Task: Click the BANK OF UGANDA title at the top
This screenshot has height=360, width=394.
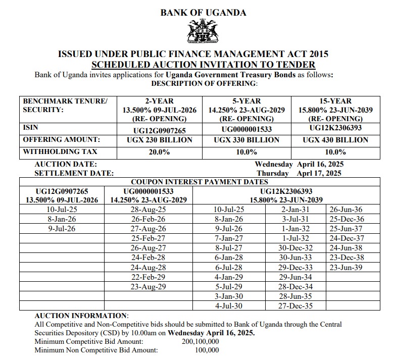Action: point(203,13)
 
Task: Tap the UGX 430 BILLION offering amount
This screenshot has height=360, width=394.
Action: point(335,140)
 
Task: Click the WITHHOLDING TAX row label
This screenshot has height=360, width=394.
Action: point(60,151)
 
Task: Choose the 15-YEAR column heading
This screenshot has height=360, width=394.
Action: point(335,101)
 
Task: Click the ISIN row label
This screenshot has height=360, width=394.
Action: point(31,128)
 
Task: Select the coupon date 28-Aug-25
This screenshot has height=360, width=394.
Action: point(148,209)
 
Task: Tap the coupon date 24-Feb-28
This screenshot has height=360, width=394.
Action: point(148,258)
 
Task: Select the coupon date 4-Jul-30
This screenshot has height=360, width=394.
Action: point(229,305)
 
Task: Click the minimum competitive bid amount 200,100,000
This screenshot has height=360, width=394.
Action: point(200,342)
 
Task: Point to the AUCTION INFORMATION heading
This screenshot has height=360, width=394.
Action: point(81,316)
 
